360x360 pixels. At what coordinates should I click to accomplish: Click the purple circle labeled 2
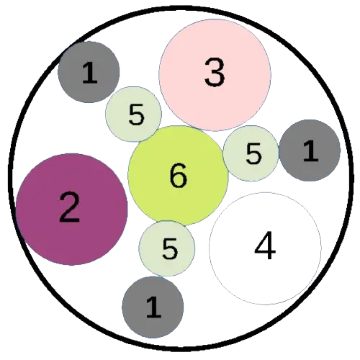point(72,210)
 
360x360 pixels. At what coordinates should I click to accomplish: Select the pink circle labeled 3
point(215,75)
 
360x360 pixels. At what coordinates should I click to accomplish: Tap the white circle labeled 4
point(266,248)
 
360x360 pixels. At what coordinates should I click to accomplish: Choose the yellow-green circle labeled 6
point(178,176)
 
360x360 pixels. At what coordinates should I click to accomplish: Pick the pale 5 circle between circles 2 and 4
point(167,248)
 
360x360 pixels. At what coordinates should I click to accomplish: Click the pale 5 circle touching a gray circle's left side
point(251,153)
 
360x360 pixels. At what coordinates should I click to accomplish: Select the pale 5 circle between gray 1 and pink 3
point(134,114)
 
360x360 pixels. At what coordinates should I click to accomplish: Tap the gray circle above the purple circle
point(89,72)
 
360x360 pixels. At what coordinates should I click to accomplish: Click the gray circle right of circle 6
point(310,150)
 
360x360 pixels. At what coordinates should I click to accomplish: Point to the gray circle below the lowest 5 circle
point(153,307)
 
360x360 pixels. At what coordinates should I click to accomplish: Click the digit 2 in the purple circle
point(69,207)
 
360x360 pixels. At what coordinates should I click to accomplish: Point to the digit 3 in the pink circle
point(215,71)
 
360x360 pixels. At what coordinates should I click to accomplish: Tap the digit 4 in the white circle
point(265,246)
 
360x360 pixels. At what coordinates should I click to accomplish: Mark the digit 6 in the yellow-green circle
point(178,175)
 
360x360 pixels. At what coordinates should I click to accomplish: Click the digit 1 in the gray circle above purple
point(89,73)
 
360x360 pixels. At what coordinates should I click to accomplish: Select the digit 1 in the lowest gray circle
point(153,307)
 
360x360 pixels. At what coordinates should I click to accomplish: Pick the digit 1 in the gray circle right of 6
point(311,150)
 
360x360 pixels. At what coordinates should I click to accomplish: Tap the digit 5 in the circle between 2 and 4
point(170,248)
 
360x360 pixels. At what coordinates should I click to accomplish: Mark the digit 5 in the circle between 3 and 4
point(253,153)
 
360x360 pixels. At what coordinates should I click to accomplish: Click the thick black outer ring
point(181,8)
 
